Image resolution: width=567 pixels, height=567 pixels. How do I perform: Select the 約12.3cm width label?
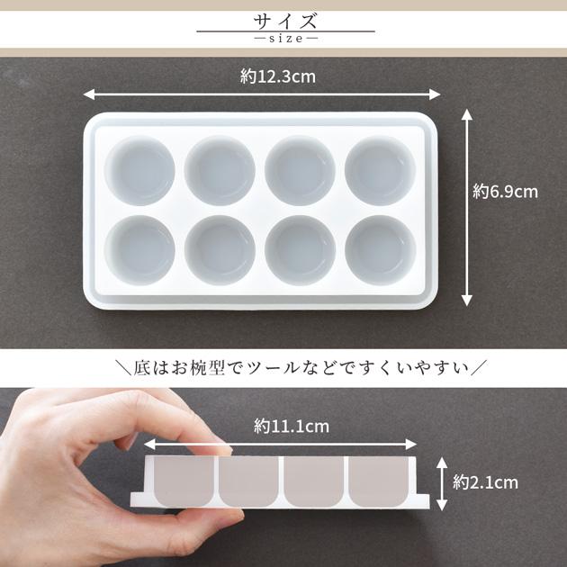pyautogui.click(x=278, y=77)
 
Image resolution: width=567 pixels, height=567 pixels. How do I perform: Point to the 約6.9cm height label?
pyautogui.click(x=505, y=191)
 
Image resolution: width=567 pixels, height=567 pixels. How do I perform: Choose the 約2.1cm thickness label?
pyautogui.click(x=485, y=482)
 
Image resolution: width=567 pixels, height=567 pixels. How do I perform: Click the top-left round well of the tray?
pyautogui.click(x=139, y=170)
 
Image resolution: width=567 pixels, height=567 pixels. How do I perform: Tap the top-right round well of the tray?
pyautogui.click(x=381, y=170)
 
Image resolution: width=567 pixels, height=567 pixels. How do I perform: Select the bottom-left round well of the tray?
pyautogui.click(x=139, y=249)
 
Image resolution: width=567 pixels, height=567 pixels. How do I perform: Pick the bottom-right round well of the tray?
pyautogui.click(x=381, y=249)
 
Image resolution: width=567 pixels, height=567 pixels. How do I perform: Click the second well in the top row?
pyautogui.click(x=220, y=170)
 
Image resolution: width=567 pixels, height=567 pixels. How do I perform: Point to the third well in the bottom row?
pyautogui.click(x=301, y=249)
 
